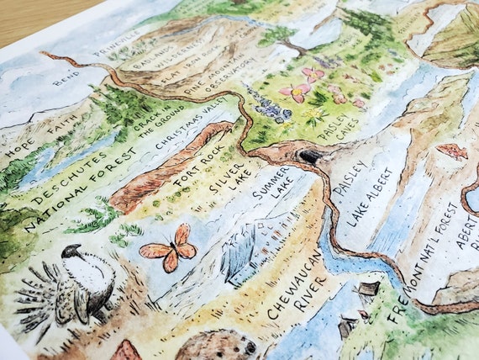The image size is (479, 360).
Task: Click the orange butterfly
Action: point(170,248)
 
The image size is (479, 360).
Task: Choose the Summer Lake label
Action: point(272,193)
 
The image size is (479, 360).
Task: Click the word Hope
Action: point(18,153)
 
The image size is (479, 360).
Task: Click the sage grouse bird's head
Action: point(71,252)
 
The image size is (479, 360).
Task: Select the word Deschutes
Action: point(58,177)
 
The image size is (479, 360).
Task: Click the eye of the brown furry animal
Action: point(249,346)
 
